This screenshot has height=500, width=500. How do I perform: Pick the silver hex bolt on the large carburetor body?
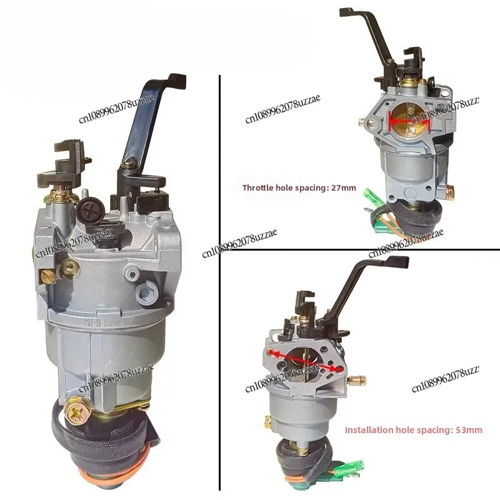coord(149,290)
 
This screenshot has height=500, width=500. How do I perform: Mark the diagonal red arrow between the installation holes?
coord(307,361)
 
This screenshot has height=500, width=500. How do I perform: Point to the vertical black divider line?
coord(219,281)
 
